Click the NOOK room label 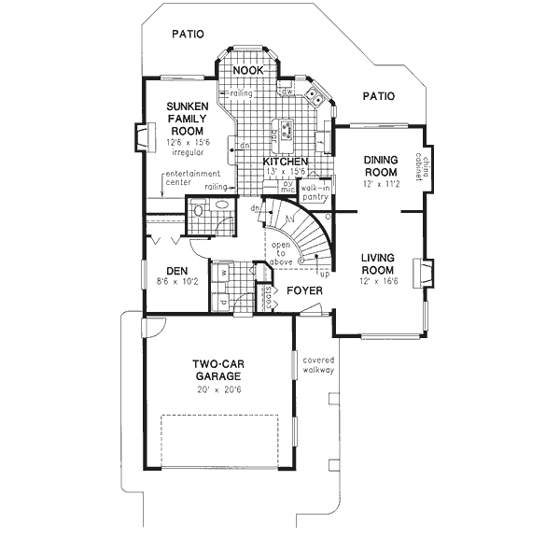pyautogui.click(x=247, y=71)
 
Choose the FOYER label pyautogui.click(x=305, y=291)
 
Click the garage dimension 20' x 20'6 pyautogui.click(x=218, y=389)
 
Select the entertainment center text pyautogui.click(x=191, y=177)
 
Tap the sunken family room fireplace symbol pyautogui.click(x=142, y=137)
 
